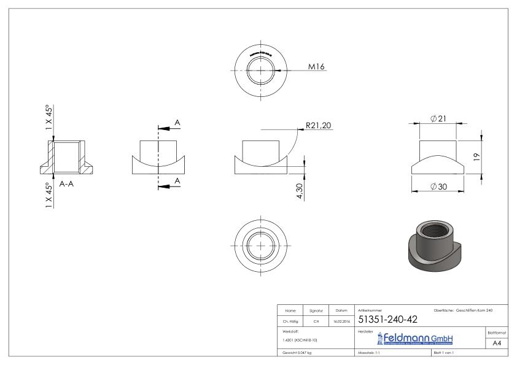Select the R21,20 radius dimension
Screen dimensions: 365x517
(x=318, y=126)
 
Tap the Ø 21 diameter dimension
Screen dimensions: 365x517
(x=438, y=118)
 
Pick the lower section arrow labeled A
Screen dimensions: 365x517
(x=177, y=181)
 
